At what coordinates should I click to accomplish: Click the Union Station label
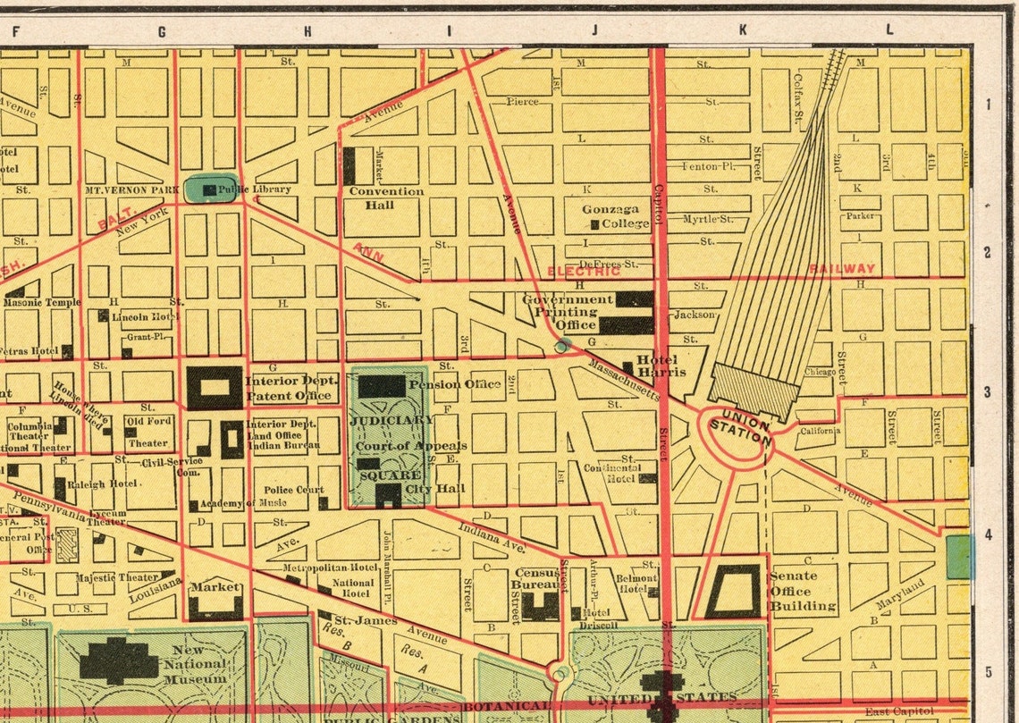coord(740,427)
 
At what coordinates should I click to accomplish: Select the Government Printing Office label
coord(568,312)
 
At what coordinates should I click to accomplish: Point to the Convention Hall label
coord(386,198)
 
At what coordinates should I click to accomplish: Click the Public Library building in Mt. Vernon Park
coord(209,189)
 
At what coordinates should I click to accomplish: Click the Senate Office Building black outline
coord(732,591)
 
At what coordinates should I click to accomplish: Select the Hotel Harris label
coord(661,366)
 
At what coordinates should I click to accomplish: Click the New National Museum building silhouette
coord(118,660)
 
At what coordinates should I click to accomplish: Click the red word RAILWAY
coord(842,268)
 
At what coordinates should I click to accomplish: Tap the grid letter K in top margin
coord(742,30)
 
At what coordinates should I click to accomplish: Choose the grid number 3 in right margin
coord(988,392)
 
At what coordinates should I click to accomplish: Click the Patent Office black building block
coord(215,388)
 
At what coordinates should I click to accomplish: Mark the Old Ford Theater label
coord(147,432)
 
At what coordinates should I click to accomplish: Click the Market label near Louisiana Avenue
coord(215,587)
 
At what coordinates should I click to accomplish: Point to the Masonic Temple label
coord(41,302)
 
